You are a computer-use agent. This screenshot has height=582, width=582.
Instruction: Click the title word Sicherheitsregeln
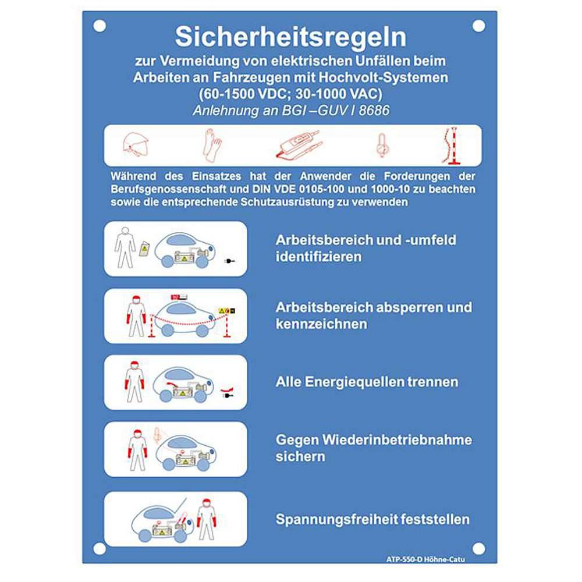(290, 37)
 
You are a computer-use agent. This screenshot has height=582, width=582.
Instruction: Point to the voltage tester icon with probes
(297, 145)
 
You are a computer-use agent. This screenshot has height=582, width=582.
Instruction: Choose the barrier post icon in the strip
(453, 145)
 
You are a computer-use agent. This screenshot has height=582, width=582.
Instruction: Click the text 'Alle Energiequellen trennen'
(367, 382)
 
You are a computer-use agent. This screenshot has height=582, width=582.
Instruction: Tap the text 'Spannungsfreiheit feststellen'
(372, 519)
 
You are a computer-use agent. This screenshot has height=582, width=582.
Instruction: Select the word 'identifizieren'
(318, 256)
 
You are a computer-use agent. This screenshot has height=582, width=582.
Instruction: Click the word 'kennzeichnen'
(321, 324)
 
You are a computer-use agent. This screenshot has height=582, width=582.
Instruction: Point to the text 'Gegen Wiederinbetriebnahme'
(374, 439)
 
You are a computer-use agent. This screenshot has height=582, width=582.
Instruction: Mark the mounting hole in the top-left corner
(100, 26)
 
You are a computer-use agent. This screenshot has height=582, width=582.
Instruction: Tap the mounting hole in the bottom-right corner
(478, 548)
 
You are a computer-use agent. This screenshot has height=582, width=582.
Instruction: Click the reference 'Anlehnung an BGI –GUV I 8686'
(290, 111)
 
